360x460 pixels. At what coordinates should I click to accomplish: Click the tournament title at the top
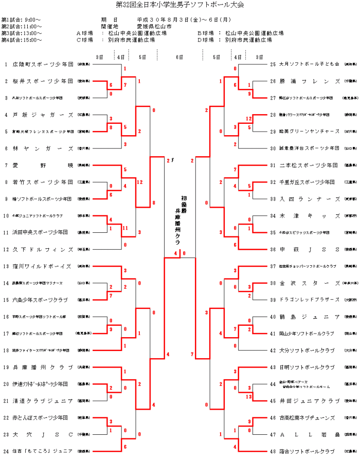[179, 5]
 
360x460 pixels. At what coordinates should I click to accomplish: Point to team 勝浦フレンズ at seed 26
[308, 81]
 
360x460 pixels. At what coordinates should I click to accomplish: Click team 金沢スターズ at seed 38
[308, 283]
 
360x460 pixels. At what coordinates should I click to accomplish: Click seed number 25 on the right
[273, 64]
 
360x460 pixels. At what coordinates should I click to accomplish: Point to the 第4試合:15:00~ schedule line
[22, 39]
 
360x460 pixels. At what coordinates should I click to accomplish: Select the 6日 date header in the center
[179, 57]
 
